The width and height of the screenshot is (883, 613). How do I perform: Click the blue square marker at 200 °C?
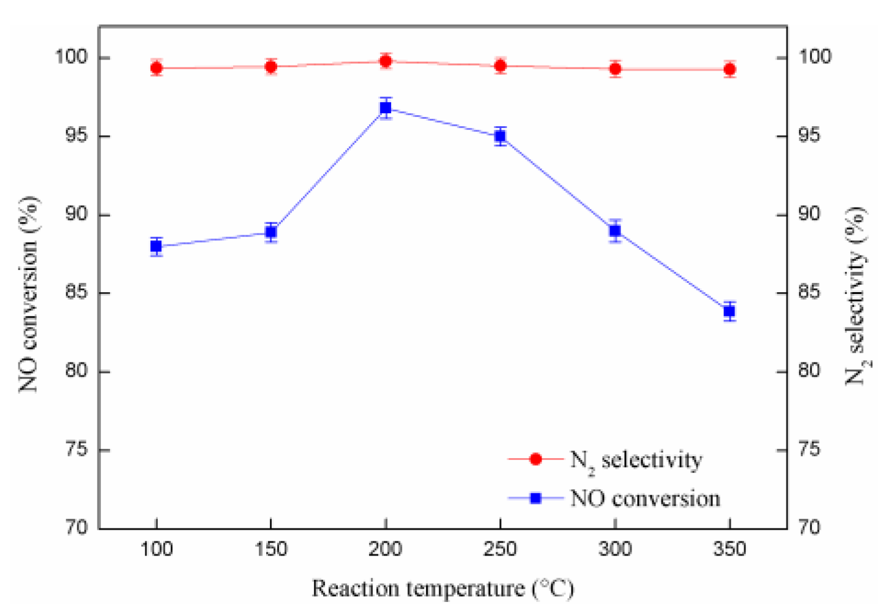pos(386,108)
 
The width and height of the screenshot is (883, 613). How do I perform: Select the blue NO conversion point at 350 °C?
pos(729,311)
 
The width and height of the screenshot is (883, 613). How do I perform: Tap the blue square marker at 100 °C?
pos(157,247)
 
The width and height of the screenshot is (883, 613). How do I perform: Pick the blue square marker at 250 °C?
pos(501,136)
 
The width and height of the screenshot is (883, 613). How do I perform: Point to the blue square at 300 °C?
pos(615,231)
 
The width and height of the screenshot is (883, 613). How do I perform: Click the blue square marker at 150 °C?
pos(271,232)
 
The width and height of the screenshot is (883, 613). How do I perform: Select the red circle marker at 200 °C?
pos(386,61)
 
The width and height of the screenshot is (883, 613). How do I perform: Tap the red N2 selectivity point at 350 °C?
pos(729,70)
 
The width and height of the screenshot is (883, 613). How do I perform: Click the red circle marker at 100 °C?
pos(157,68)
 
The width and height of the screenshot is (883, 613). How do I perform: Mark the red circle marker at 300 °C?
pos(615,69)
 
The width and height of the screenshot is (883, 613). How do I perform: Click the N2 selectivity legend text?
pos(636,461)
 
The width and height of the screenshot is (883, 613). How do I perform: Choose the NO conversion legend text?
pos(645,498)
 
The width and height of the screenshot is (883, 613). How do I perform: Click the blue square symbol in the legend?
pos(535,498)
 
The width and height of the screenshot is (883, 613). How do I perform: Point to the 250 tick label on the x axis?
pos(501,549)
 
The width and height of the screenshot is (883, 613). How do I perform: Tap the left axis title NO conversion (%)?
pos(28,294)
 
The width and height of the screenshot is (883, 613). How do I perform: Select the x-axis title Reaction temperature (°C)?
pos(442,589)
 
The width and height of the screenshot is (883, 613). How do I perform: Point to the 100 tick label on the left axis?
pos(72,58)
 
